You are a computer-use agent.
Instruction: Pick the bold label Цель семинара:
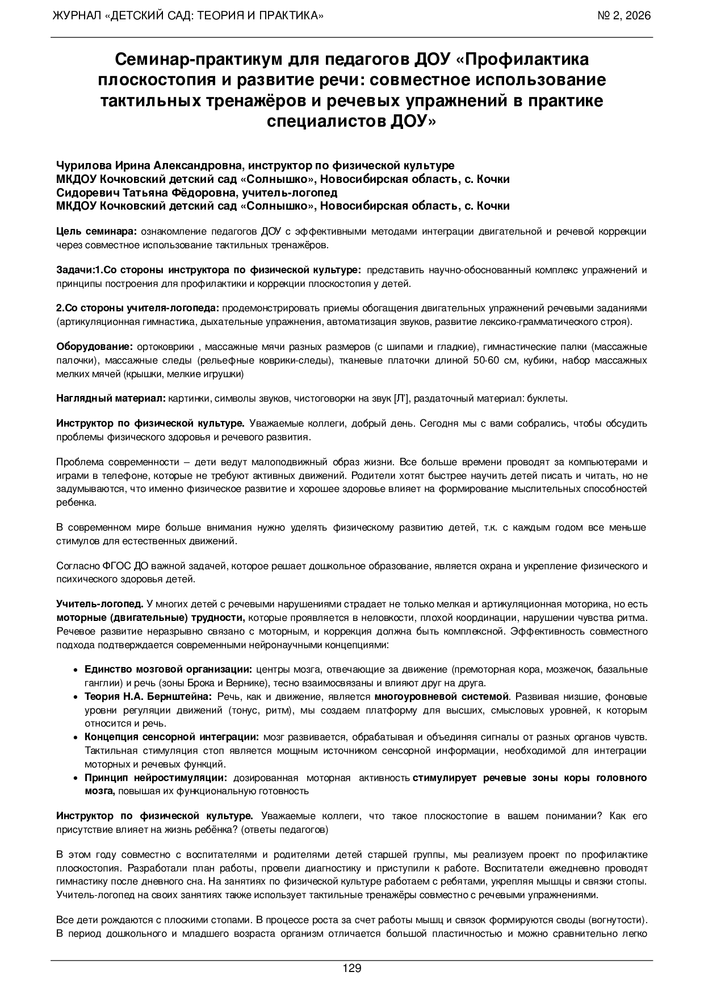pos(96,231)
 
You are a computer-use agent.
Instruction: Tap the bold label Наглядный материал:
pos(111,398)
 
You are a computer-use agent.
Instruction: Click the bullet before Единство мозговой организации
pos(76,670)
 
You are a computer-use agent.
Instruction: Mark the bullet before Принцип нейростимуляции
pos(76,778)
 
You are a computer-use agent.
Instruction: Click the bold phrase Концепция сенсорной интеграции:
pos(171,737)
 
